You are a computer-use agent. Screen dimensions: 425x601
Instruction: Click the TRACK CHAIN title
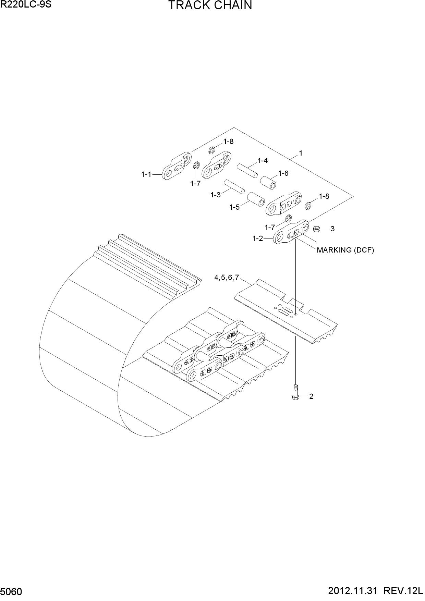pos(210,6)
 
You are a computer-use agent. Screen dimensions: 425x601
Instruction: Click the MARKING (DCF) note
pos(345,250)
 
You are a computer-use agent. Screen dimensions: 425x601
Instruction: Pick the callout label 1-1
pos(146,174)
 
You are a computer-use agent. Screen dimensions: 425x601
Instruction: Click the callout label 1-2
pos(258,238)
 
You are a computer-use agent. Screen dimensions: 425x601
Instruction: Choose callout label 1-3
pos(216,195)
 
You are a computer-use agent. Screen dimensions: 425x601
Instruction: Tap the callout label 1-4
pos(263,161)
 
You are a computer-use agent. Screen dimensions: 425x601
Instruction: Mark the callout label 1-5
pos(234,207)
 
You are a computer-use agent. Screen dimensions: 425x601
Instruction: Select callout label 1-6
pos(283,173)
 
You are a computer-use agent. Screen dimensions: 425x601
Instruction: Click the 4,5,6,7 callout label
pos(226,278)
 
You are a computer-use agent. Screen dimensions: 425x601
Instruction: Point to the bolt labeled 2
pos(296,392)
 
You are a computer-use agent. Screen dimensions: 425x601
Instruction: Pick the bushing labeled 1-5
pos(256,199)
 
